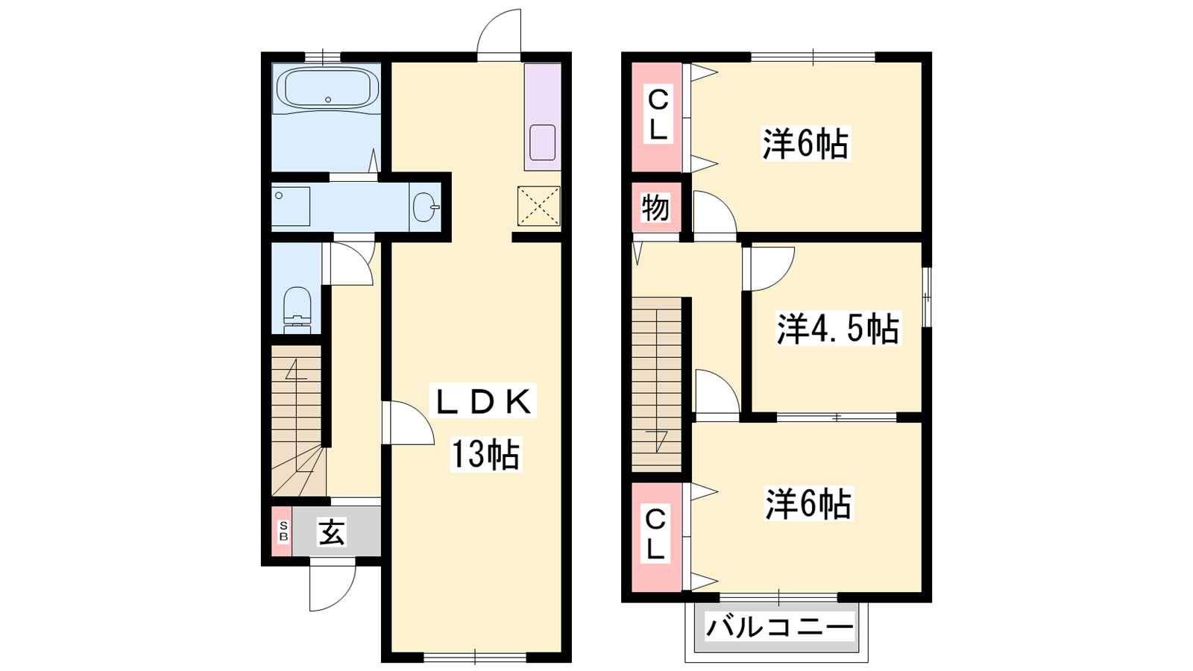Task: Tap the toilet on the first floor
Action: (x=297, y=310)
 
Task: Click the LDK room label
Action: (x=484, y=403)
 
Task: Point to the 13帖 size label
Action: (x=485, y=454)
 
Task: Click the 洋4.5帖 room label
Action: (x=838, y=328)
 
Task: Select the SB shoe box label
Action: (x=283, y=531)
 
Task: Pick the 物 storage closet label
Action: (x=655, y=207)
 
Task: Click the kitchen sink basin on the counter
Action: (x=543, y=142)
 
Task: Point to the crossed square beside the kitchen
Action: (x=539, y=206)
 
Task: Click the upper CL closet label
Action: (x=658, y=114)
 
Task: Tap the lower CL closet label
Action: (x=655, y=534)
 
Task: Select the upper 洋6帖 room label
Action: (x=805, y=143)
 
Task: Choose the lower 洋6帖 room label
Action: (x=808, y=503)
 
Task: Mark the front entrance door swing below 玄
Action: (x=333, y=588)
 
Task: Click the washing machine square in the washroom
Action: (x=291, y=206)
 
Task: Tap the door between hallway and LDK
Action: (x=408, y=422)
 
